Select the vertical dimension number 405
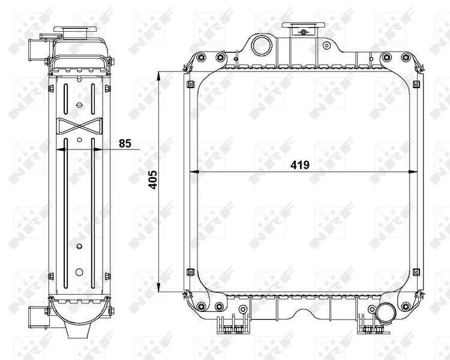152,180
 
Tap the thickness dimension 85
125,143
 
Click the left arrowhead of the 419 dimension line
193,173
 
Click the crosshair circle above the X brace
79,105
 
